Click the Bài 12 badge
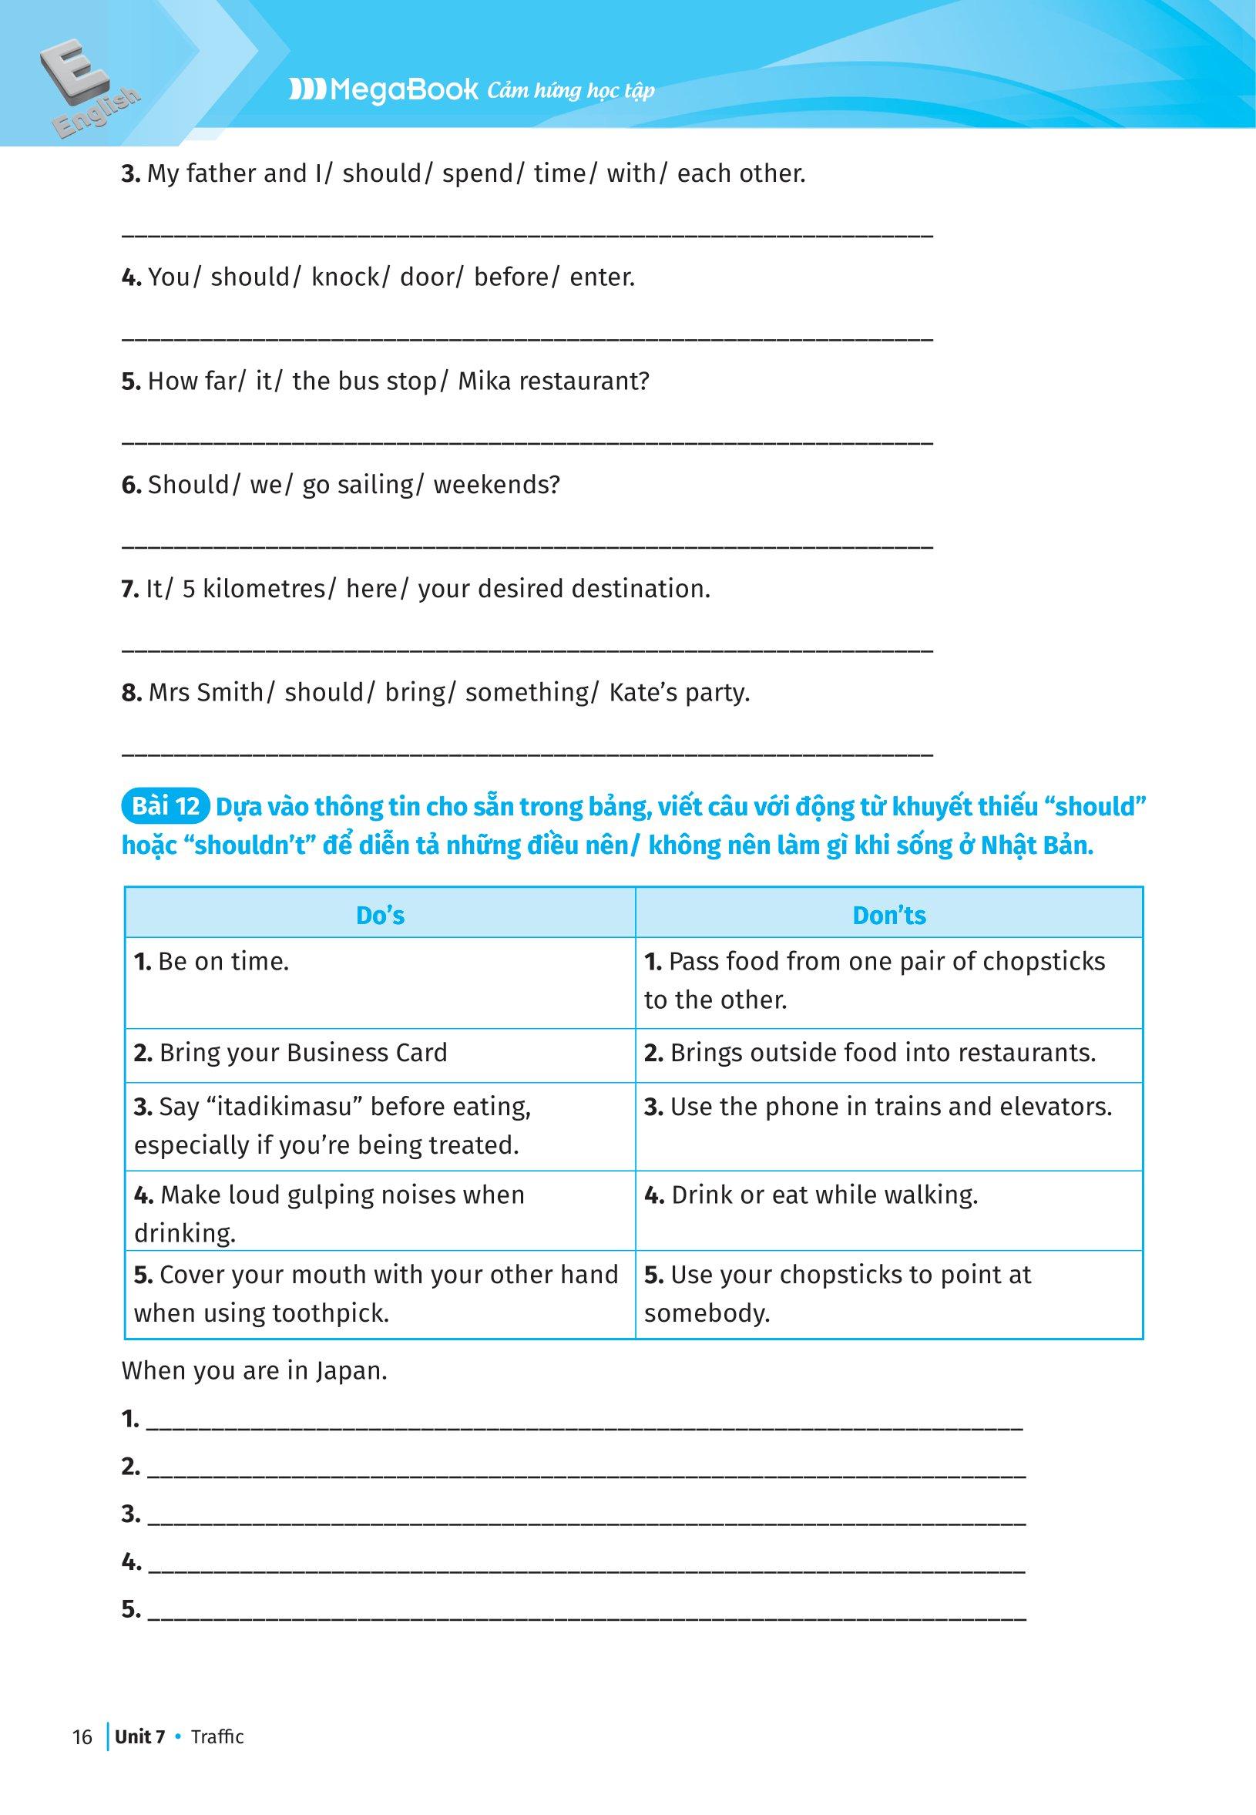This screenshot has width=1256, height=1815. pyautogui.click(x=165, y=807)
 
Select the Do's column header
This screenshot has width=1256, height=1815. pyautogui.click(x=380, y=915)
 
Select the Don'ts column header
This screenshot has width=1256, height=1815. pyautogui.click(x=889, y=915)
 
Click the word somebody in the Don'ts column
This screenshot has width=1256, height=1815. pyautogui.click(x=707, y=1313)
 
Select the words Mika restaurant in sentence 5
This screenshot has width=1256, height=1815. pyautogui.click(x=553, y=381)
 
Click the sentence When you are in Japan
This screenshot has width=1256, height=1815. pyautogui.click(x=254, y=1371)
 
